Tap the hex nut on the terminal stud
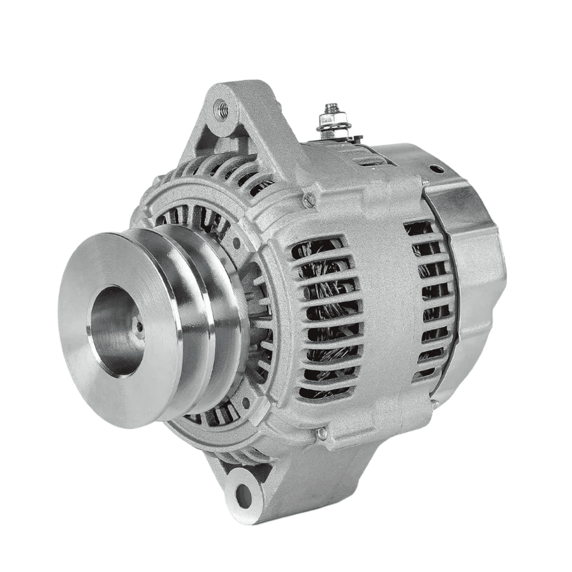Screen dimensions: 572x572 (x=330, y=117)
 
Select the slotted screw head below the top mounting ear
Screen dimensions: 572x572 (x=309, y=200)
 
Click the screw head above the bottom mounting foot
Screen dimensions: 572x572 (x=323, y=432)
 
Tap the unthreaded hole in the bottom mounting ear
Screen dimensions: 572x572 (x=243, y=495)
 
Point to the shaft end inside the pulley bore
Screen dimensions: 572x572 (x=139, y=327)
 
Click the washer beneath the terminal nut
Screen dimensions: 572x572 (x=331, y=126)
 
